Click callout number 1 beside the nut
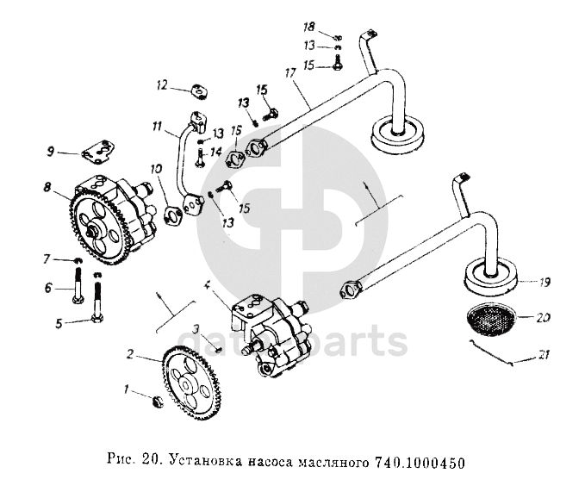click(128, 389)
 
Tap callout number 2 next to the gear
click(130, 354)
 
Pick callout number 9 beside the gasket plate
click(52, 153)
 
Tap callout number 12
click(161, 85)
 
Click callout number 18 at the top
click(333, 28)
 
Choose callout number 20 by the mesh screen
click(542, 317)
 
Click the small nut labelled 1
click(156, 401)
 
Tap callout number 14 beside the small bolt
click(216, 149)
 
